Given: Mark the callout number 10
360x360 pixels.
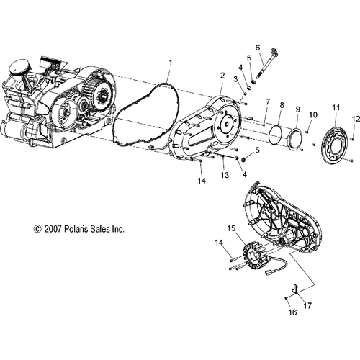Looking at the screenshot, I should (x=312, y=114).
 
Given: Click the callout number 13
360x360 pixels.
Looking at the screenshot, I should (x=225, y=175).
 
